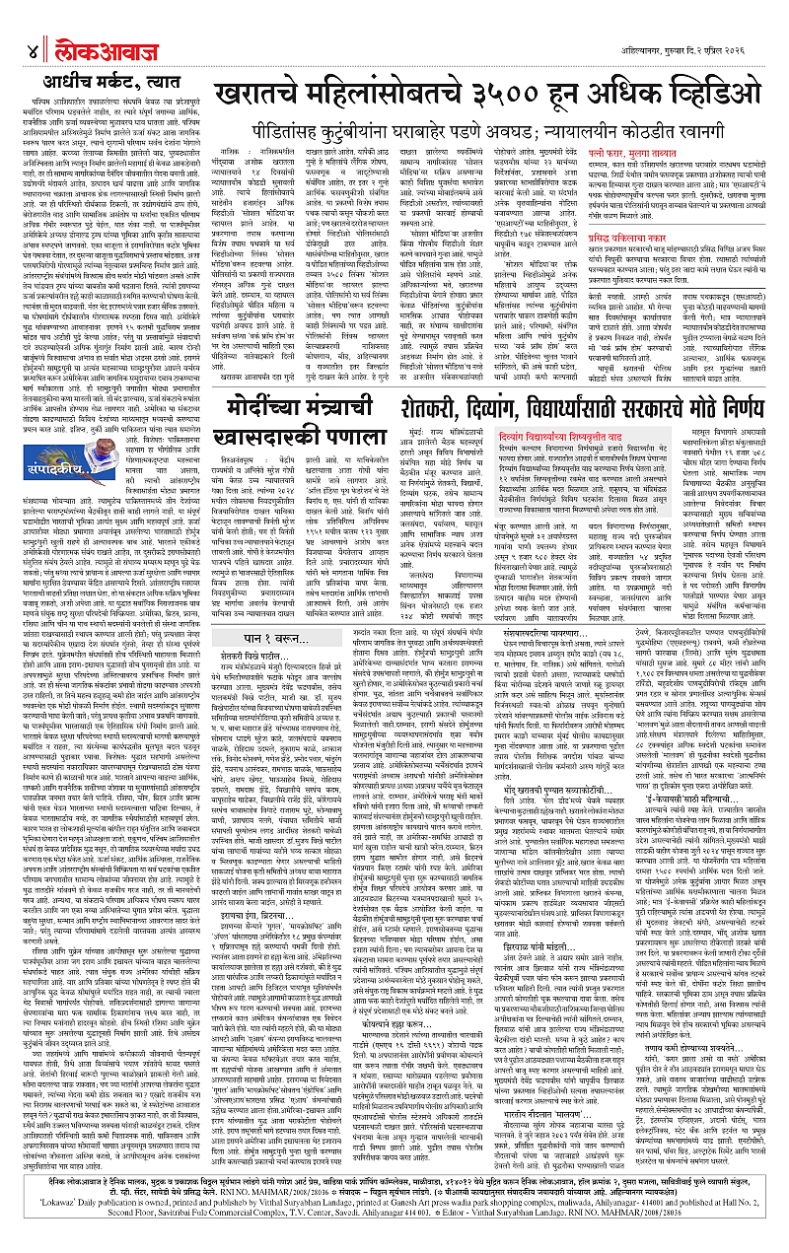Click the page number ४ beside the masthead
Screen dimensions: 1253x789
click(32, 25)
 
